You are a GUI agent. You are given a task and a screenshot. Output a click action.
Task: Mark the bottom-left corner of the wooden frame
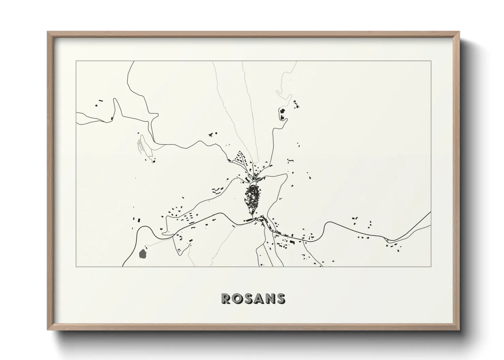tap(48, 330)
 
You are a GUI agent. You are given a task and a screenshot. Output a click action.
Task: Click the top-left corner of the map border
tap(76, 61)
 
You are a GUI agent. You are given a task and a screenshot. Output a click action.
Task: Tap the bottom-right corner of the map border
tap(431, 266)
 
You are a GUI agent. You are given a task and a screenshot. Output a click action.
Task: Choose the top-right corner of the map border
tap(431, 61)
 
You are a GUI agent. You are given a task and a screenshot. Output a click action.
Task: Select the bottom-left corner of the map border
tap(76, 266)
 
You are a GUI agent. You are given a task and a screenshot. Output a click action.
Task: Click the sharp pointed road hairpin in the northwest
tap(115, 99)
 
